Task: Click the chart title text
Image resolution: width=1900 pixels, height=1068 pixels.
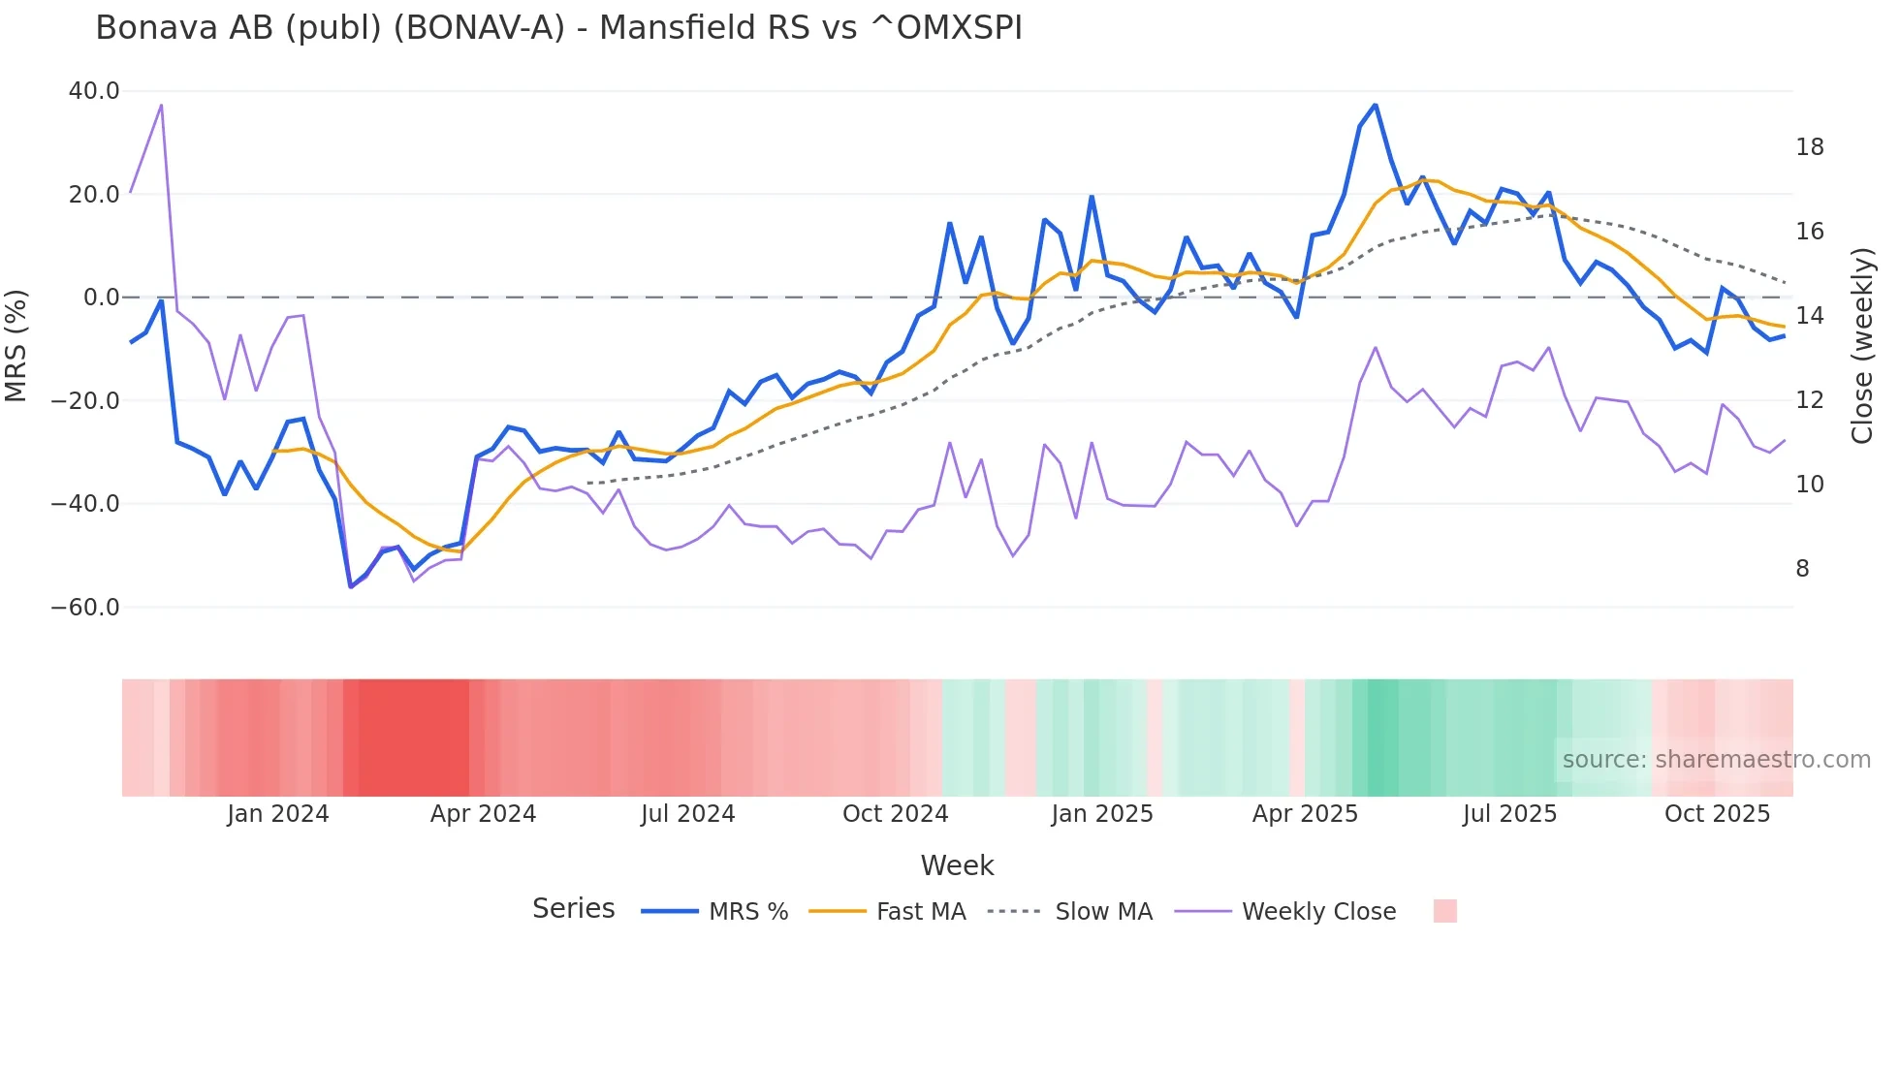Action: (558, 28)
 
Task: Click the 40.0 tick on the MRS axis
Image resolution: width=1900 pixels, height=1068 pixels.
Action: (94, 91)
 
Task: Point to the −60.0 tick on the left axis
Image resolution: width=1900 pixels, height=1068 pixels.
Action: (85, 608)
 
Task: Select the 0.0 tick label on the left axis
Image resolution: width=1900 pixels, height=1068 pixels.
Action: (102, 298)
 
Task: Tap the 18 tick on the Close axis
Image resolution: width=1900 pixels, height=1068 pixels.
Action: (1809, 147)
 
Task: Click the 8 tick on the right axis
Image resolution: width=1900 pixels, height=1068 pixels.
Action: (1802, 569)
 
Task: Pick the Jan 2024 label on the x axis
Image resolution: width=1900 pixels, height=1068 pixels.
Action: (278, 814)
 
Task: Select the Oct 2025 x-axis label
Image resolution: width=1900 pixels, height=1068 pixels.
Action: (1717, 814)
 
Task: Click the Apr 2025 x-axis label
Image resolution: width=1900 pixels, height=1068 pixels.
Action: (1305, 814)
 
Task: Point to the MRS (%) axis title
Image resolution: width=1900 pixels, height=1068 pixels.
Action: (16, 346)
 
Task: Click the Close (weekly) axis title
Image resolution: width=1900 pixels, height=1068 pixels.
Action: (1861, 346)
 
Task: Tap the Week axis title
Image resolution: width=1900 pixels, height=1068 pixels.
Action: (957, 865)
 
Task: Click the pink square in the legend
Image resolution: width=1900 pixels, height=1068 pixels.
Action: (1444, 911)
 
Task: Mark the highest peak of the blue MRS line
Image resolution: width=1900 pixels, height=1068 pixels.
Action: (1375, 105)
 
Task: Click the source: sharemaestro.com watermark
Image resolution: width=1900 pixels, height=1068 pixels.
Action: (1716, 760)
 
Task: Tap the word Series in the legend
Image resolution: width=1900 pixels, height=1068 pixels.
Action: (573, 909)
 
